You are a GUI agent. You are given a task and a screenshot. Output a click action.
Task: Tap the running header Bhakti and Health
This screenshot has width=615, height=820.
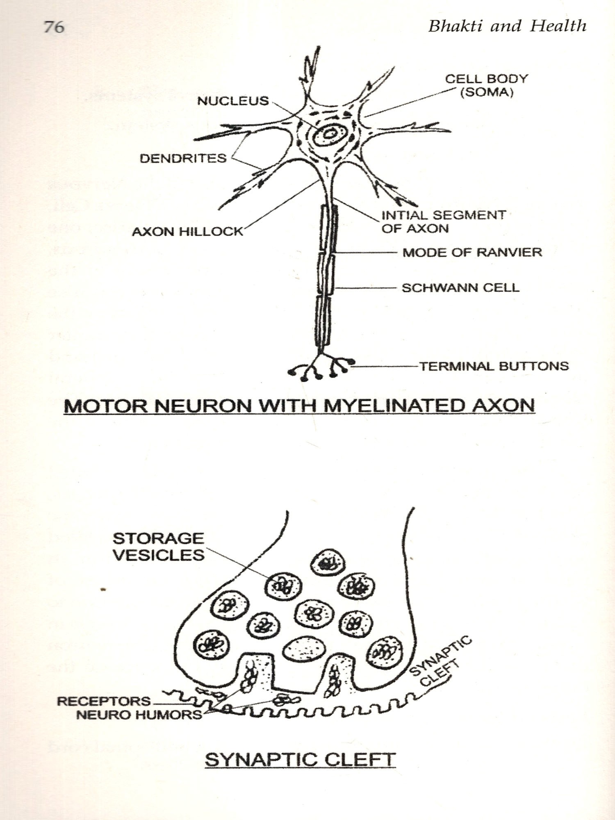[507, 26]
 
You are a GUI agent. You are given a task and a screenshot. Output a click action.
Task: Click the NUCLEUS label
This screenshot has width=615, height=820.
[233, 101]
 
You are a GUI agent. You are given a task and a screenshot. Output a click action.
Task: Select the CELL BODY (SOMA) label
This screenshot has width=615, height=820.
[487, 85]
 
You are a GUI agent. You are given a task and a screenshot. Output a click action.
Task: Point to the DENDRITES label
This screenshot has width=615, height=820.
[183, 158]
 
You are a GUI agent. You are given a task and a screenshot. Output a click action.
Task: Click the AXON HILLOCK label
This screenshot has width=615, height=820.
[187, 232]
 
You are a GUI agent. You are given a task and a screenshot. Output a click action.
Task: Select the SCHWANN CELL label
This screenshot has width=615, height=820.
[460, 287]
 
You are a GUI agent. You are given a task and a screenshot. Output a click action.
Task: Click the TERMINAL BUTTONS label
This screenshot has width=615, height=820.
[494, 366]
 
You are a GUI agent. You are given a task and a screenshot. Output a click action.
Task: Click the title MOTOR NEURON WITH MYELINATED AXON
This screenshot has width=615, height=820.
[300, 405]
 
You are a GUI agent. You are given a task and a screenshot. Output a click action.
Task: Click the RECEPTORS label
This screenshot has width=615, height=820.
[104, 701]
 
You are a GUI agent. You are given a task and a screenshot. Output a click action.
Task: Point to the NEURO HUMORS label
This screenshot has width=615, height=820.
[139, 715]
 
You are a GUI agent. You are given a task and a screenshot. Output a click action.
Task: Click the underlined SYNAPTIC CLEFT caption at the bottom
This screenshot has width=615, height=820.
[300, 759]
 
